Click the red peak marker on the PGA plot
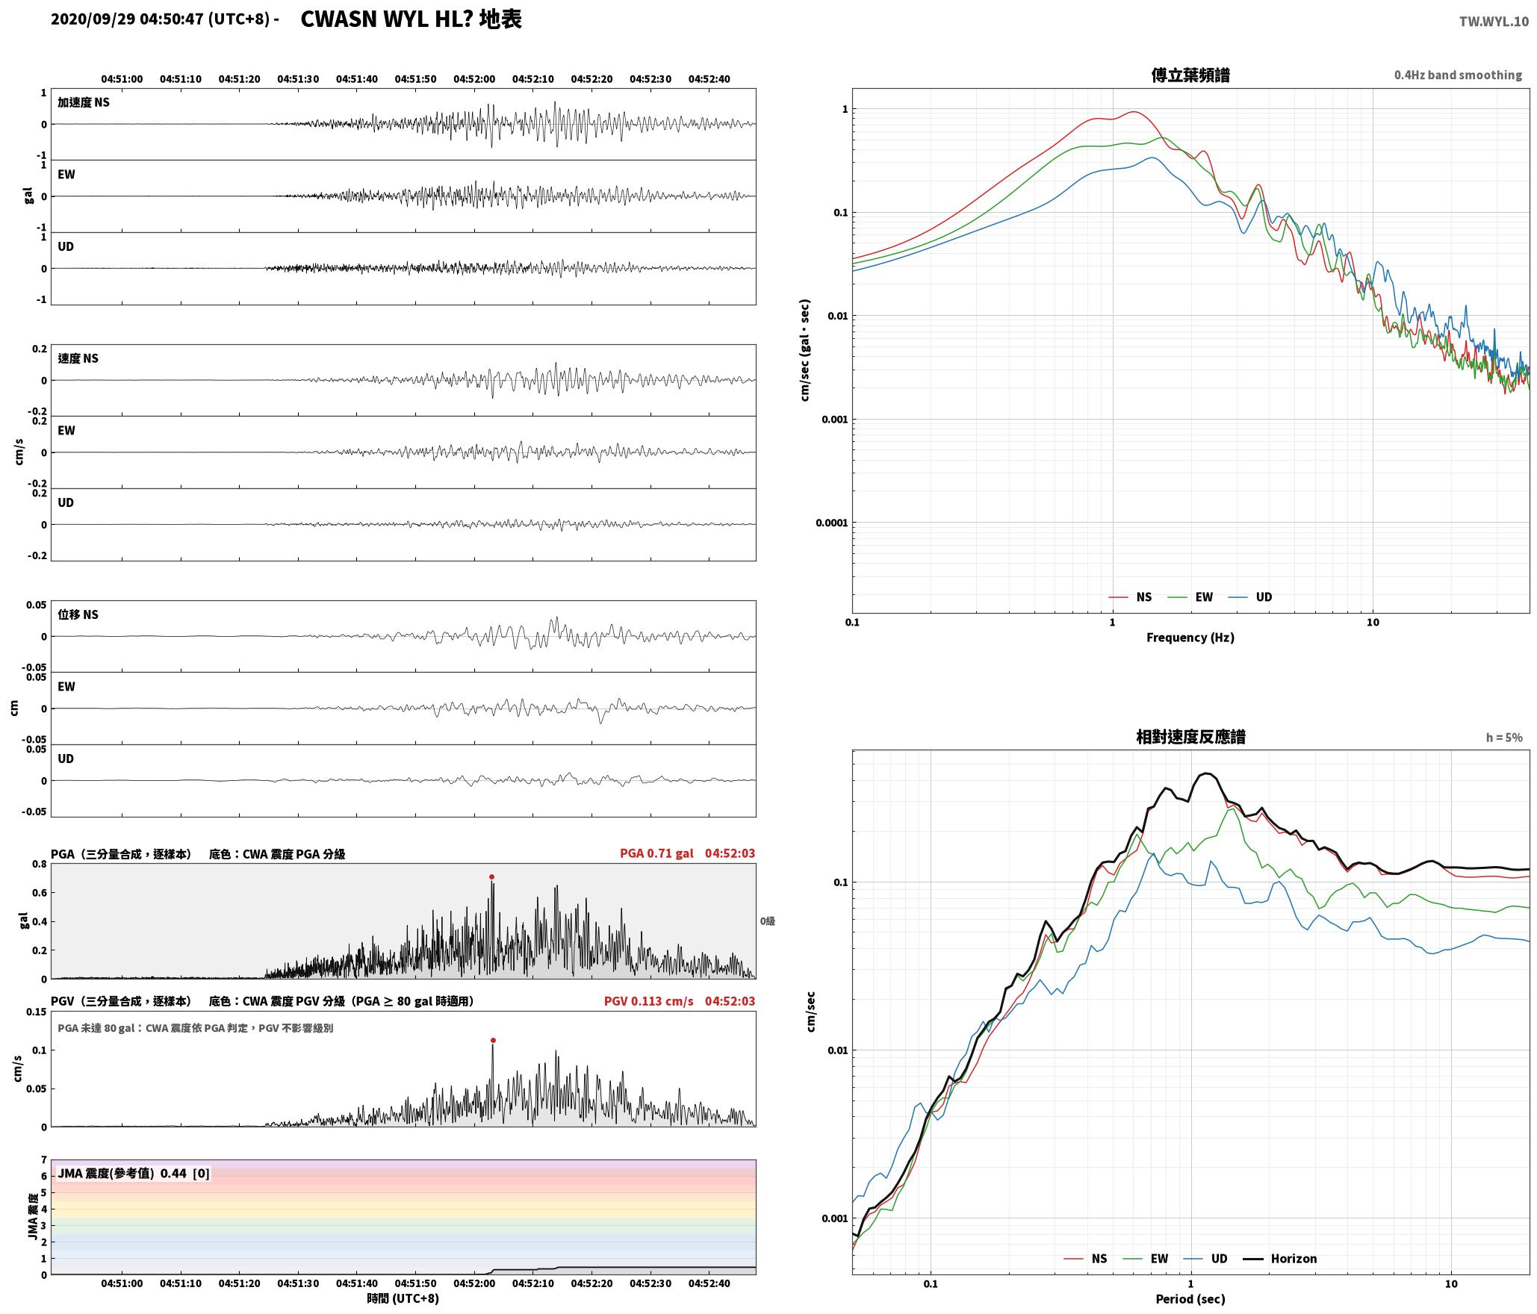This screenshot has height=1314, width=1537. coord(491,876)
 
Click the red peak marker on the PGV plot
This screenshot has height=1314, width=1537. coord(493,1040)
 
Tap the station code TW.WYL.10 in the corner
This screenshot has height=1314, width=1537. coord(1494,22)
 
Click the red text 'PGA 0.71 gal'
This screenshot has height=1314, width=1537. coord(656,853)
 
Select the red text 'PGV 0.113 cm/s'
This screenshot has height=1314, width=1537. coord(648,1001)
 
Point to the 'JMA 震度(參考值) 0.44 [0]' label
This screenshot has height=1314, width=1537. coord(134,1173)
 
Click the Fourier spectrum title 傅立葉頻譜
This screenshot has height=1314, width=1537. coord(1190,75)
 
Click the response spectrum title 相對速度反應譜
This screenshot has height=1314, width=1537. coord(1190,737)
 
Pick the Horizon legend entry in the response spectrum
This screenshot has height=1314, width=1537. coord(1280,1258)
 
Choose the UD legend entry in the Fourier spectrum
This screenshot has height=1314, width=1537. coord(1251,597)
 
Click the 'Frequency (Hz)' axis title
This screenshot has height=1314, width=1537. coord(1190,637)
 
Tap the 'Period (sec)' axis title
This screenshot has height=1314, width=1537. coord(1190,1298)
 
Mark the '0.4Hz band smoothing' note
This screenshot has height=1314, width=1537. coord(1458,75)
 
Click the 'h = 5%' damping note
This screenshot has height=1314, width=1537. coord(1504,738)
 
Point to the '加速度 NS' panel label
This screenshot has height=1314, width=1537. coord(84,102)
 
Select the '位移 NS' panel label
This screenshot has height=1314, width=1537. coord(78,614)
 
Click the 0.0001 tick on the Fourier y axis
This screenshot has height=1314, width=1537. coord(832,523)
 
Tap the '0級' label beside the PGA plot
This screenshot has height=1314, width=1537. coord(768,921)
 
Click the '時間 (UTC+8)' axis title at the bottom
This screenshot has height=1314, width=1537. coord(403,1298)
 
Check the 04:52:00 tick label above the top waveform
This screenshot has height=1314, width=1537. coord(474,78)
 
